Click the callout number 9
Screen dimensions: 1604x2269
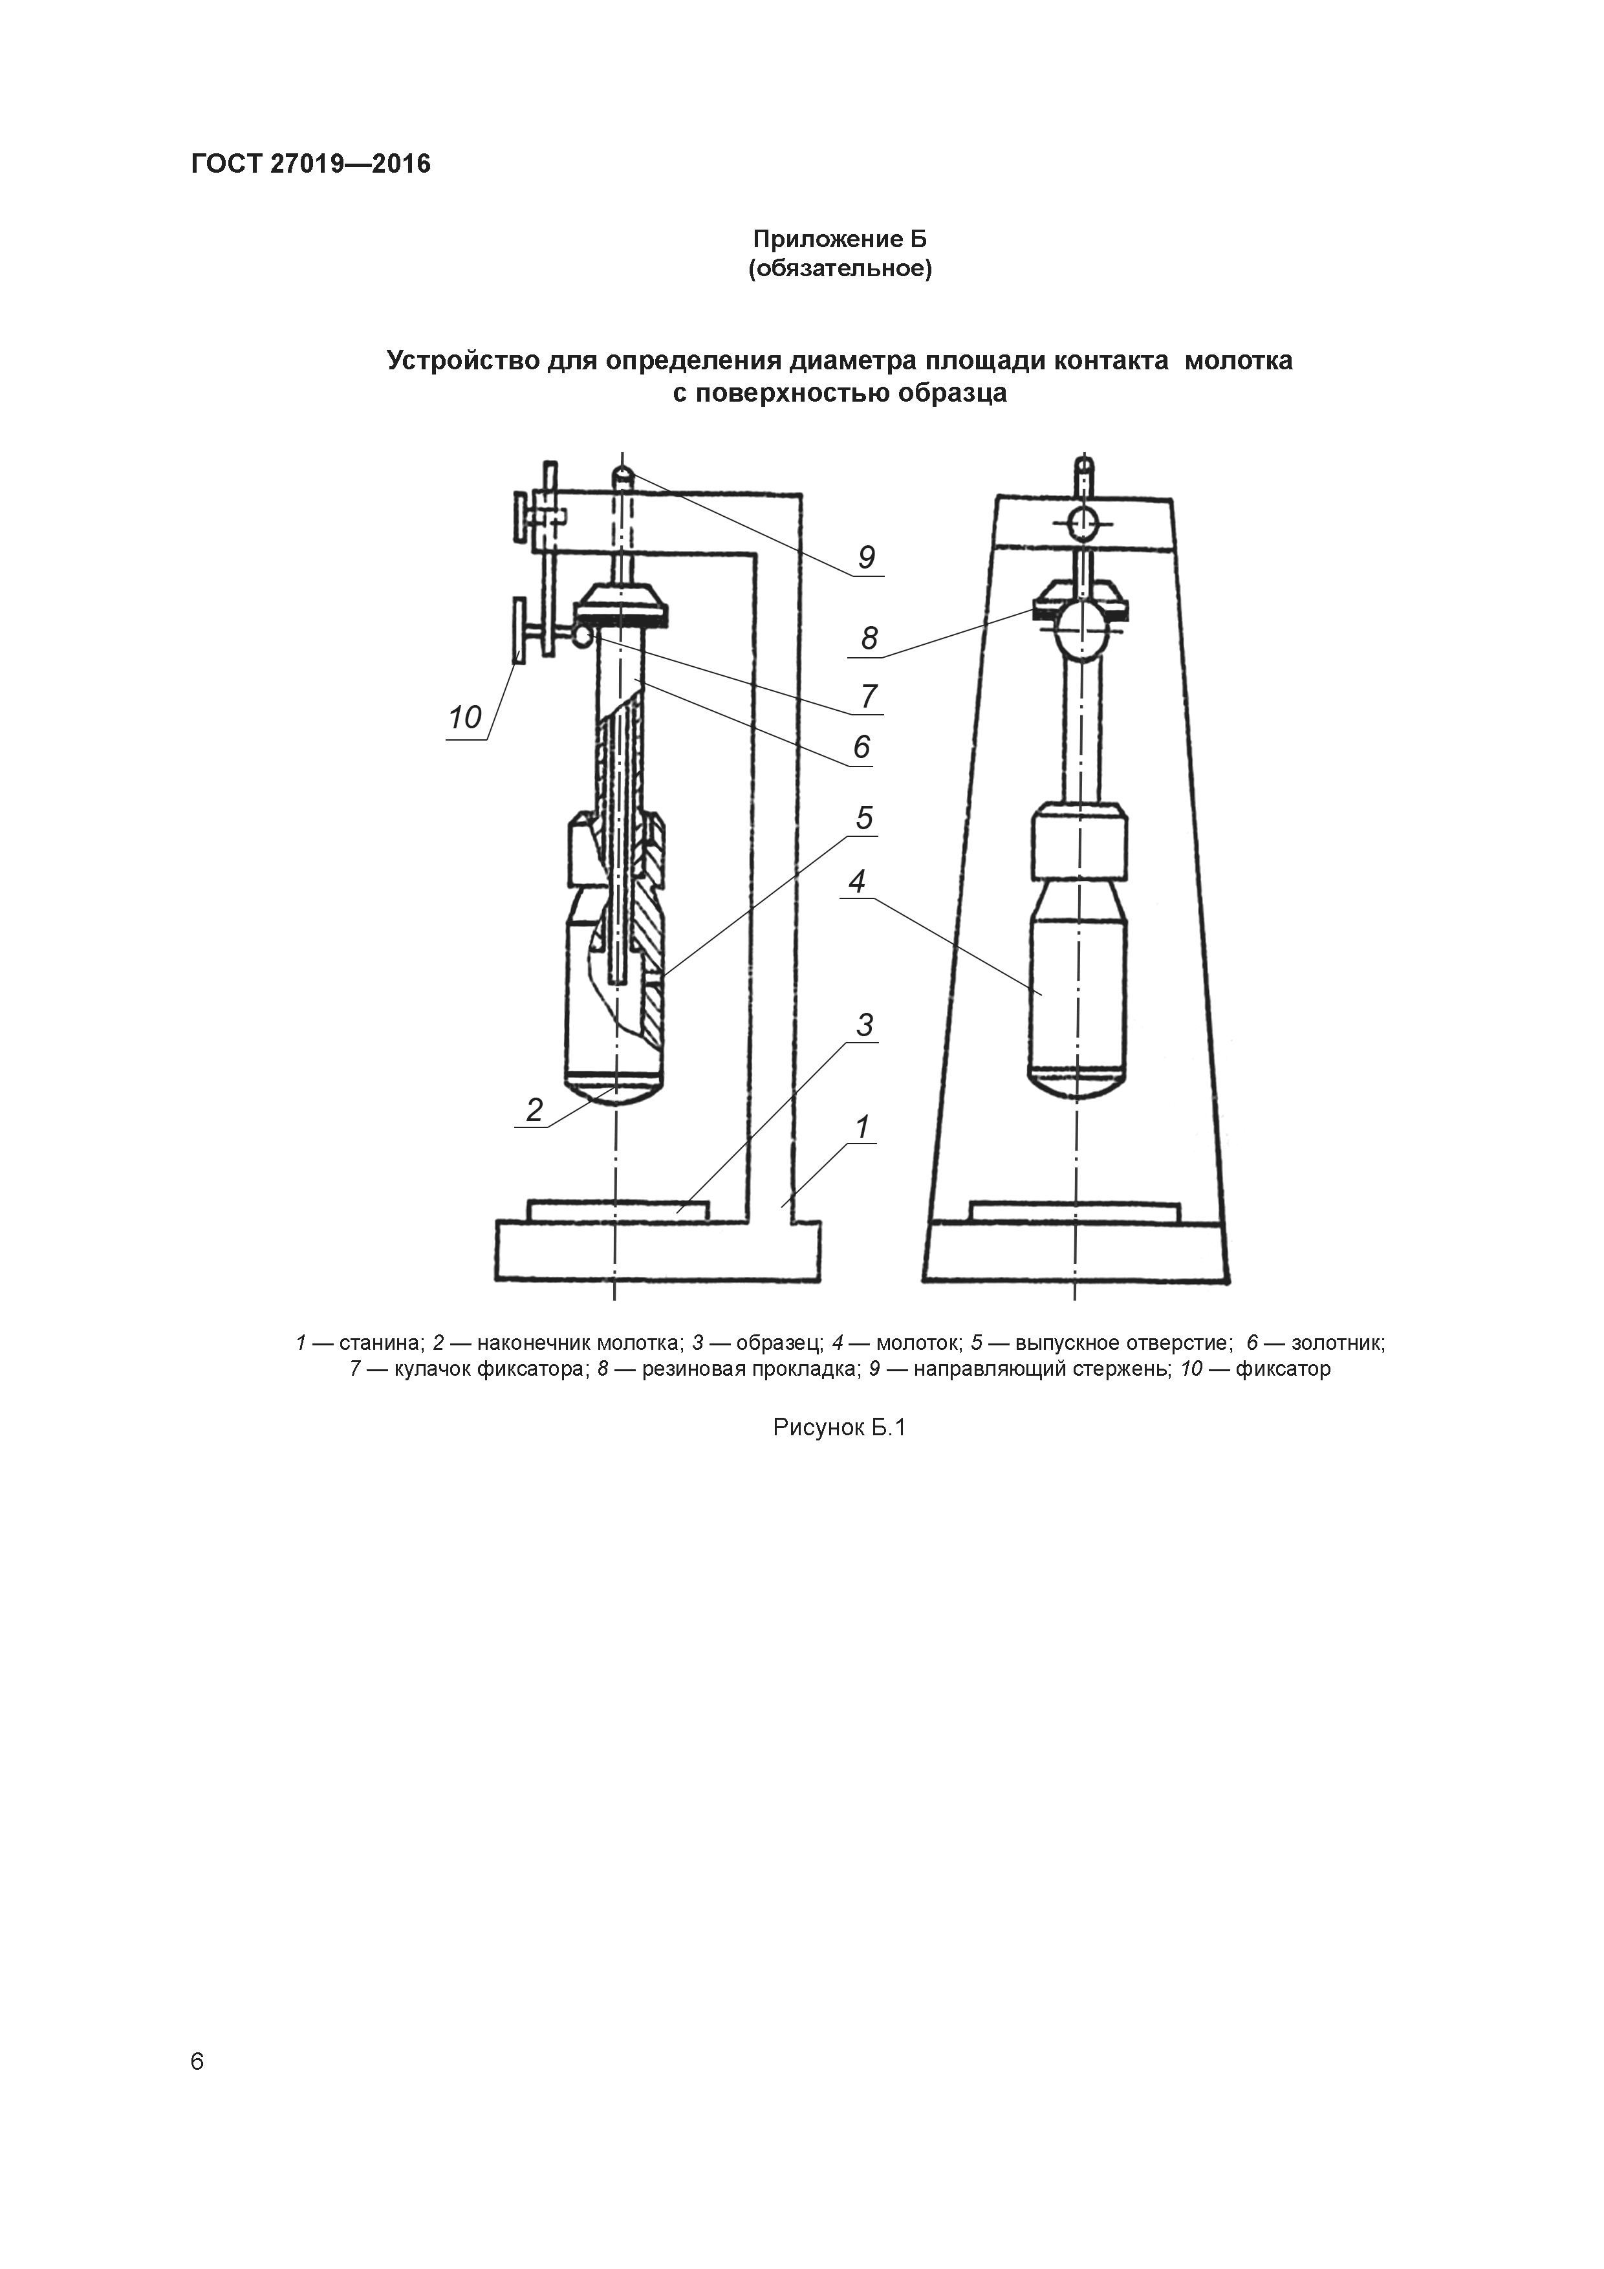[x=866, y=558]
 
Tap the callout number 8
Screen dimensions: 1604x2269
[x=869, y=638]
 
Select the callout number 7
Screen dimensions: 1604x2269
[x=869, y=697]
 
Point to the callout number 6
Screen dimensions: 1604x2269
[x=862, y=746]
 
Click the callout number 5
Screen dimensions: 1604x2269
[x=865, y=818]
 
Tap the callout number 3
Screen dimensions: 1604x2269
[x=865, y=1026]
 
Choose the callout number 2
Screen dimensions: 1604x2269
[x=535, y=1110]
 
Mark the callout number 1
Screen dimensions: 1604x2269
[x=862, y=1127]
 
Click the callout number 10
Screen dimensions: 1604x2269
[x=464, y=717]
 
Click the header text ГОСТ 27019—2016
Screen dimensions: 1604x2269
[x=310, y=164]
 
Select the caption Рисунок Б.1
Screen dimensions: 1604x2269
[x=840, y=1428]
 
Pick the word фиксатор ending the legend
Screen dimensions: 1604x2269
[x=1283, y=1370]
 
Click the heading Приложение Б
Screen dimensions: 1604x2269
[x=840, y=239]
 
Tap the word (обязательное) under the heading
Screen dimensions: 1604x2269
[x=840, y=269]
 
